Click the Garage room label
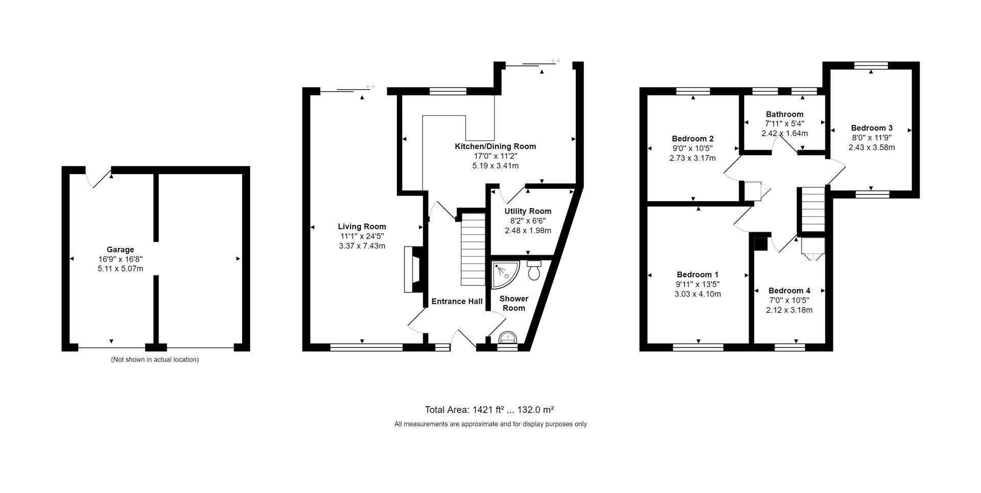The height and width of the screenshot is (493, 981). point(120,250)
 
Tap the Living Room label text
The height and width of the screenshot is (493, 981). point(362,227)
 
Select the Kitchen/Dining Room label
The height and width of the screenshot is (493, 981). point(495,146)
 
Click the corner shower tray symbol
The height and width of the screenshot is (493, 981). point(505,273)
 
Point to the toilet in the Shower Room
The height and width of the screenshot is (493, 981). point(534,271)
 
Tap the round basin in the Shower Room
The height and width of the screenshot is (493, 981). point(508,338)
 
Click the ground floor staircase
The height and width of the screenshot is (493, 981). point(473,249)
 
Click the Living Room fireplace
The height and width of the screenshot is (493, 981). point(413,269)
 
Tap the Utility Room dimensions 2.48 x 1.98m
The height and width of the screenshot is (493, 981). point(528,231)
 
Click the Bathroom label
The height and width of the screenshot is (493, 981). point(784,114)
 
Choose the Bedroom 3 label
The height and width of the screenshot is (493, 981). point(872,128)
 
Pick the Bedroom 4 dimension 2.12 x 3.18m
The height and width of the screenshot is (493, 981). point(789,310)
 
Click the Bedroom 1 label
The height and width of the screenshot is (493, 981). point(697,275)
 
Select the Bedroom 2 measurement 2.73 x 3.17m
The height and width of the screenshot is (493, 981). point(692,158)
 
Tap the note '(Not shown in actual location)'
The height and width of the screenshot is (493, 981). point(155,359)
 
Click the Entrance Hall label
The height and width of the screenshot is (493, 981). point(457,302)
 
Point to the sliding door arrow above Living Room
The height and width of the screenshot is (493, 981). point(370,87)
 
